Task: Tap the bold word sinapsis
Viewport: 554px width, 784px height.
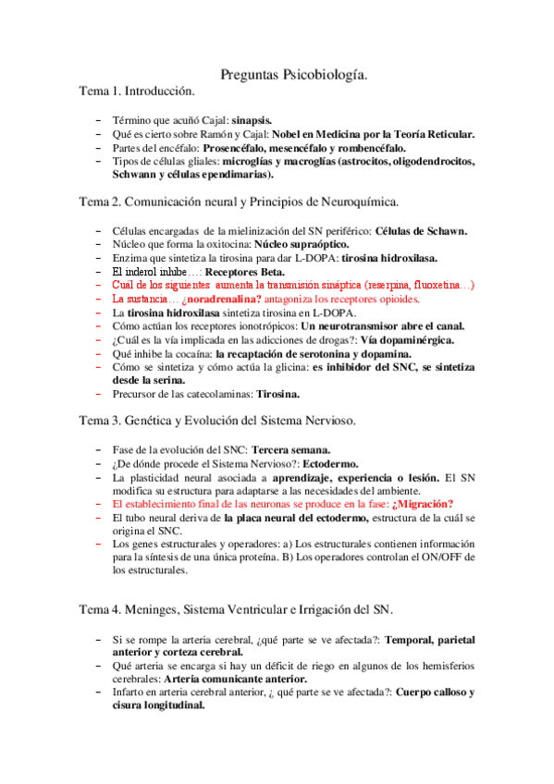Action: tap(252, 120)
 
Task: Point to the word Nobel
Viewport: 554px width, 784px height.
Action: tap(289, 134)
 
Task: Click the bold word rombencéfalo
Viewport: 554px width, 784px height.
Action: tap(367, 148)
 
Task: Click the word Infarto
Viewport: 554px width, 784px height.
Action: tap(130, 692)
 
